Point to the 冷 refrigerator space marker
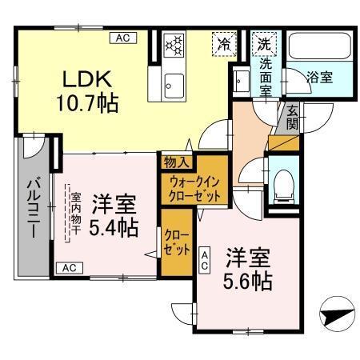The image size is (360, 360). coord(226,46)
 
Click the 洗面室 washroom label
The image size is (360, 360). coord(266,74)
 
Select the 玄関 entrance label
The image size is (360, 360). coord(292,119)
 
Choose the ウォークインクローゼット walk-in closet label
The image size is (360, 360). coord(195,188)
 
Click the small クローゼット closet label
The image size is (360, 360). coord(174,241)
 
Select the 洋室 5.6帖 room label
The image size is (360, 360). coord(247,270)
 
